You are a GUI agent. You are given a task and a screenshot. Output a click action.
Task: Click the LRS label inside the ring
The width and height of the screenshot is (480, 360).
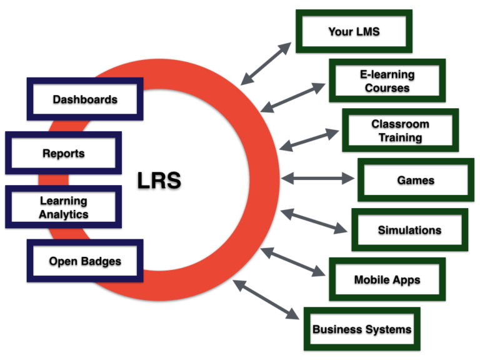(159, 180)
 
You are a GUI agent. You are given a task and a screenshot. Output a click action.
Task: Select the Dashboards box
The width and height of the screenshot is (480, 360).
(85, 99)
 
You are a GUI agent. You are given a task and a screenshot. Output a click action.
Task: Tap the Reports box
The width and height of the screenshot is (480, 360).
(63, 153)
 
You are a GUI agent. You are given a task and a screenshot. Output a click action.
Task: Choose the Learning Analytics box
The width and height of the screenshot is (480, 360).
(63, 207)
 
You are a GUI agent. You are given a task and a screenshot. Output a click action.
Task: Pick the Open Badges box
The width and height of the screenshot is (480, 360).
(85, 261)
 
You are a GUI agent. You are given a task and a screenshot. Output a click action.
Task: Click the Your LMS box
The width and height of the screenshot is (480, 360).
(354, 31)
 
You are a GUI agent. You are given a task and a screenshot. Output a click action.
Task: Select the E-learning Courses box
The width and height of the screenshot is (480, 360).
(387, 81)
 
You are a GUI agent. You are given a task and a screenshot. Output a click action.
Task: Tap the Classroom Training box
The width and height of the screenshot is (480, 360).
(401, 131)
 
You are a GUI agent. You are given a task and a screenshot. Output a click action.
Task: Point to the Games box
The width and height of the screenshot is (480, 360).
(416, 180)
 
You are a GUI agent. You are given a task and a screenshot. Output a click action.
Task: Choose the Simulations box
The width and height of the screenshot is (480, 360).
(409, 230)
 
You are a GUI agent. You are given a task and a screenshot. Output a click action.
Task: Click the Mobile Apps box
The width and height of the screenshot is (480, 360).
(387, 279)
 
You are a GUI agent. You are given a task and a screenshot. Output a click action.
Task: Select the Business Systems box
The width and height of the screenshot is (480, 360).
(362, 329)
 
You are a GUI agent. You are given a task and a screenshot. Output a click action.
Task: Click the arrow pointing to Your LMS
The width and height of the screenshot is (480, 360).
(266, 63)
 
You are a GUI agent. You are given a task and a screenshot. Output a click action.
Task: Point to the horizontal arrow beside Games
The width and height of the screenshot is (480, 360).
(317, 179)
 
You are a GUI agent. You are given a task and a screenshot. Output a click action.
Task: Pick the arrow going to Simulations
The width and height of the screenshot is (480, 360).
(313, 221)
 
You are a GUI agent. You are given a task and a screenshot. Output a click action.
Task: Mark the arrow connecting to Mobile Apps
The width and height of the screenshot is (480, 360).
(293, 262)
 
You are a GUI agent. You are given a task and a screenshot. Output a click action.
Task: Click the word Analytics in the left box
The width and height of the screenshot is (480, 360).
(63, 214)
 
